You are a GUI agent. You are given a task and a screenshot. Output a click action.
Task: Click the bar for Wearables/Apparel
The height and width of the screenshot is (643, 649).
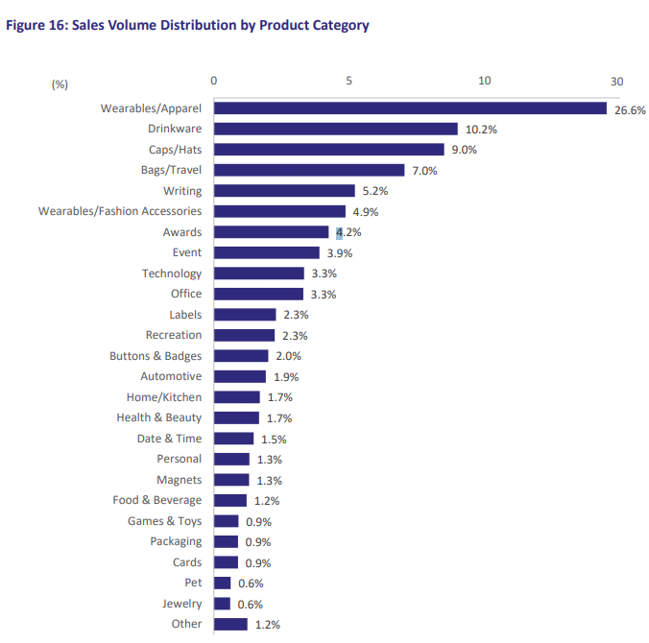pyautogui.click(x=410, y=108)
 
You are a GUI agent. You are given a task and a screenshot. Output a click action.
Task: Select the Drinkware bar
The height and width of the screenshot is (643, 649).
pyautogui.click(x=335, y=129)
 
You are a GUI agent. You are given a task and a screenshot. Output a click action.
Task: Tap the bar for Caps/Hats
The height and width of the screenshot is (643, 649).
pyautogui.click(x=328, y=150)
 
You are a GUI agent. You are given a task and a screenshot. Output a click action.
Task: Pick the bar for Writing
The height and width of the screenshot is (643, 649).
pyautogui.click(x=284, y=191)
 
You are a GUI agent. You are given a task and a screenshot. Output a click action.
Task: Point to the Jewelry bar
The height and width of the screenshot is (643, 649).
pyautogui.click(x=222, y=604)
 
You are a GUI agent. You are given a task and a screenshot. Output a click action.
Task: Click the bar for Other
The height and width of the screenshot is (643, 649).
pyautogui.click(x=230, y=624)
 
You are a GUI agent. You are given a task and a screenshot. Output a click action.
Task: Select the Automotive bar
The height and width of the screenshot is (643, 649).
pyautogui.click(x=239, y=376)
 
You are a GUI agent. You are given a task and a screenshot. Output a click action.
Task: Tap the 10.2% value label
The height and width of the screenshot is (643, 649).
pyautogui.click(x=480, y=130)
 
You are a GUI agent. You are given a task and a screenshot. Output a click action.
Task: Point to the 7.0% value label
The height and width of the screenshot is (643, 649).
pyautogui.click(x=424, y=171)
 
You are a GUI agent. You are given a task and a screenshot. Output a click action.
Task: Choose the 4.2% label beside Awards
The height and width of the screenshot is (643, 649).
pyautogui.click(x=349, y=232)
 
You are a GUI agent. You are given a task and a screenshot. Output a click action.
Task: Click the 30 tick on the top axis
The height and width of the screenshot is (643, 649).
pyautogui.click(x=616, y=82)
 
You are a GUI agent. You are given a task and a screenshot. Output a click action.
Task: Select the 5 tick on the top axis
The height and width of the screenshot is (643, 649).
pyautogui.click(x=349, y=82)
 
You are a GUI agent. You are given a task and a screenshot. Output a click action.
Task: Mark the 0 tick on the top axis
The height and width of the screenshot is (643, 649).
pyautogui.click(x=214, y=82)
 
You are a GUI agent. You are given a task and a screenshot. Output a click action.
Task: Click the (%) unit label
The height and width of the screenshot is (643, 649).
pyautogui.click(x=60, y=84)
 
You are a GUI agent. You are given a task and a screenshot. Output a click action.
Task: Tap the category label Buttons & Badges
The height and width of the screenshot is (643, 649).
pyautogui.click(x=156, y=356)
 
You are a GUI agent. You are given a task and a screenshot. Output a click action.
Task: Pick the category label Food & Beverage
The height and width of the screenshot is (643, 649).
pyautogui.click(x=157, y=500)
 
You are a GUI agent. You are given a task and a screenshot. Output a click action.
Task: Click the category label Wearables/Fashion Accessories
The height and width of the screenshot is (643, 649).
pyautogui.click(x=120, y=211)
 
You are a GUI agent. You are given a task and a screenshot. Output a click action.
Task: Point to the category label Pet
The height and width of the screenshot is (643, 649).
pyautogui.click(x=193, y=583)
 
